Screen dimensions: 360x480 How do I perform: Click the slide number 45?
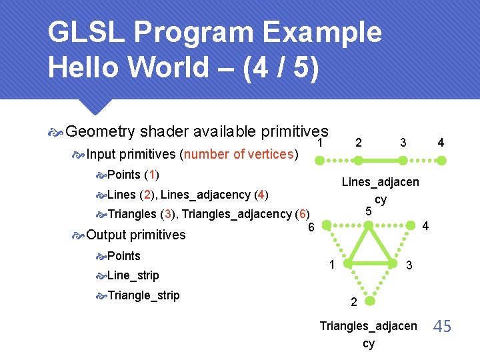[x=442, y=326]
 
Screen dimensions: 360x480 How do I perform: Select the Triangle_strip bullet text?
[x=143, y=295]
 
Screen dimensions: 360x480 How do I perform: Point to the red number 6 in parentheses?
[x=303, y=214]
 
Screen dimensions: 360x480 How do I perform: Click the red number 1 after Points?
[x=152, y=175]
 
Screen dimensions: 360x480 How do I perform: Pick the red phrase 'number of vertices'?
[x=239, y=155]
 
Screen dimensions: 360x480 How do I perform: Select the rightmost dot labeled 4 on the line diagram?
[x=441, y=161]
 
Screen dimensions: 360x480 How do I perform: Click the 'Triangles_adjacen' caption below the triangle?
[x=368, y=326]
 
